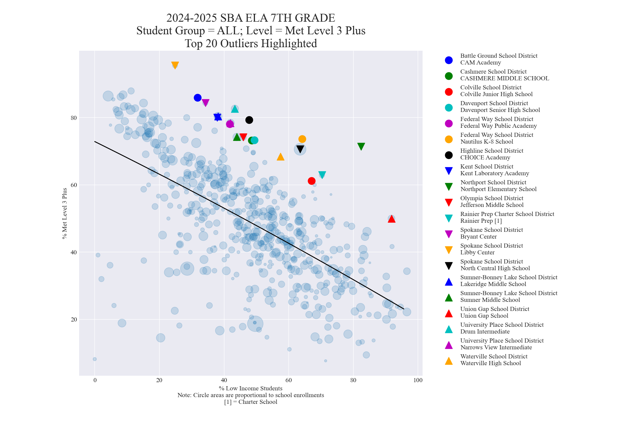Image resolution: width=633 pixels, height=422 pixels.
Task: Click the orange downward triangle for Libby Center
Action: pyautogui.click(x=175, y=65)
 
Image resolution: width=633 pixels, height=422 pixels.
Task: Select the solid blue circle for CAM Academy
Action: pyautogui.click(x=198, y=98)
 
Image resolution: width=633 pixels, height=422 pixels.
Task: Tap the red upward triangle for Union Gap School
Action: pyautogui.click(x=392, y=219)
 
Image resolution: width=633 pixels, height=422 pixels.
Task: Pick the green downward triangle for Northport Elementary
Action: pyautogui.click(x=361, y=147)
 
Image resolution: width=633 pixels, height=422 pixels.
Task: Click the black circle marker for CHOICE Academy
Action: pyautogui.click(x=249, y=120)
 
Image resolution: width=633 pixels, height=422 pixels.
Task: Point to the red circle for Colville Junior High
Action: pyautogui.click(x=312, y=181)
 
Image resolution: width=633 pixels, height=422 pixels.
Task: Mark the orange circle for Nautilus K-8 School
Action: pyautogui.click(x=302, y=139)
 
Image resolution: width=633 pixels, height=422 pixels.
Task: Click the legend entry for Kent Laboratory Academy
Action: pyautogui.click(x=494, y=170)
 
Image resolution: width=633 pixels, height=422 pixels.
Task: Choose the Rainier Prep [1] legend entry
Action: pyautogui.click(x=507, y=217)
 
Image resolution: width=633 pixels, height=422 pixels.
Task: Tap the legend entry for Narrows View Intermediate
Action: pyautogui.click(x=502, y=344)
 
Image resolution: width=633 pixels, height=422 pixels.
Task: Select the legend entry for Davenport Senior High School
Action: pyautogui.click(x=500, y=107)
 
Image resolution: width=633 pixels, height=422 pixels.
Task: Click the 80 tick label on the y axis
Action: pyautogui.click(x=73, y=118)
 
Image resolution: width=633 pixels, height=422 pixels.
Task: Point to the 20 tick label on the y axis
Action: pyautogui.click(x=73, y=319)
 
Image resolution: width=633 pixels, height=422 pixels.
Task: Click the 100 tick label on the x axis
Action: pyautogui.click(x=418, y=380)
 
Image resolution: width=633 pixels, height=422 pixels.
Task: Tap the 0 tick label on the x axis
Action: pyautogui.click(x=95, y=380)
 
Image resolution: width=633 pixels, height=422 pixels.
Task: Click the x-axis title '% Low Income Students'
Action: pyautogui.click(x=251, y=388)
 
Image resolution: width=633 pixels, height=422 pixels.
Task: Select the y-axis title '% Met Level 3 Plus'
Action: pyautogui.click(x=65, y=213)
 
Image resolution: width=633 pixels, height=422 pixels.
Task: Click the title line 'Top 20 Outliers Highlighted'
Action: pyautogui.click(x=251, y=43)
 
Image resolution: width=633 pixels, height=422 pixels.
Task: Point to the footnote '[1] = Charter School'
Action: pyautogui.click(x=251, y=402)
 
